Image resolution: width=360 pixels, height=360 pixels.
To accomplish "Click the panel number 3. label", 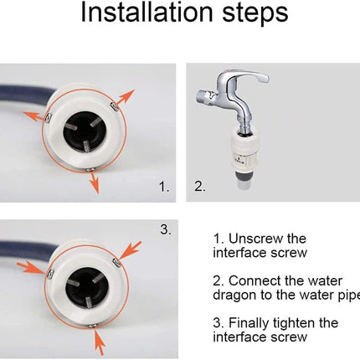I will click(166, 229).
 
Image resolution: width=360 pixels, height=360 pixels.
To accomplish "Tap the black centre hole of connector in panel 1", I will click(85, 135).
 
